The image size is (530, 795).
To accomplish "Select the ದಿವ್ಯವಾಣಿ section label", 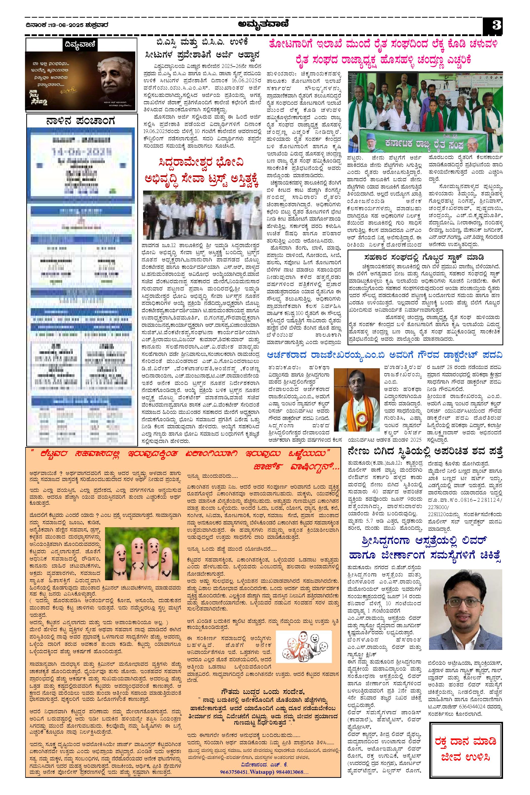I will pyautogui.click(x=81, y=44).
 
